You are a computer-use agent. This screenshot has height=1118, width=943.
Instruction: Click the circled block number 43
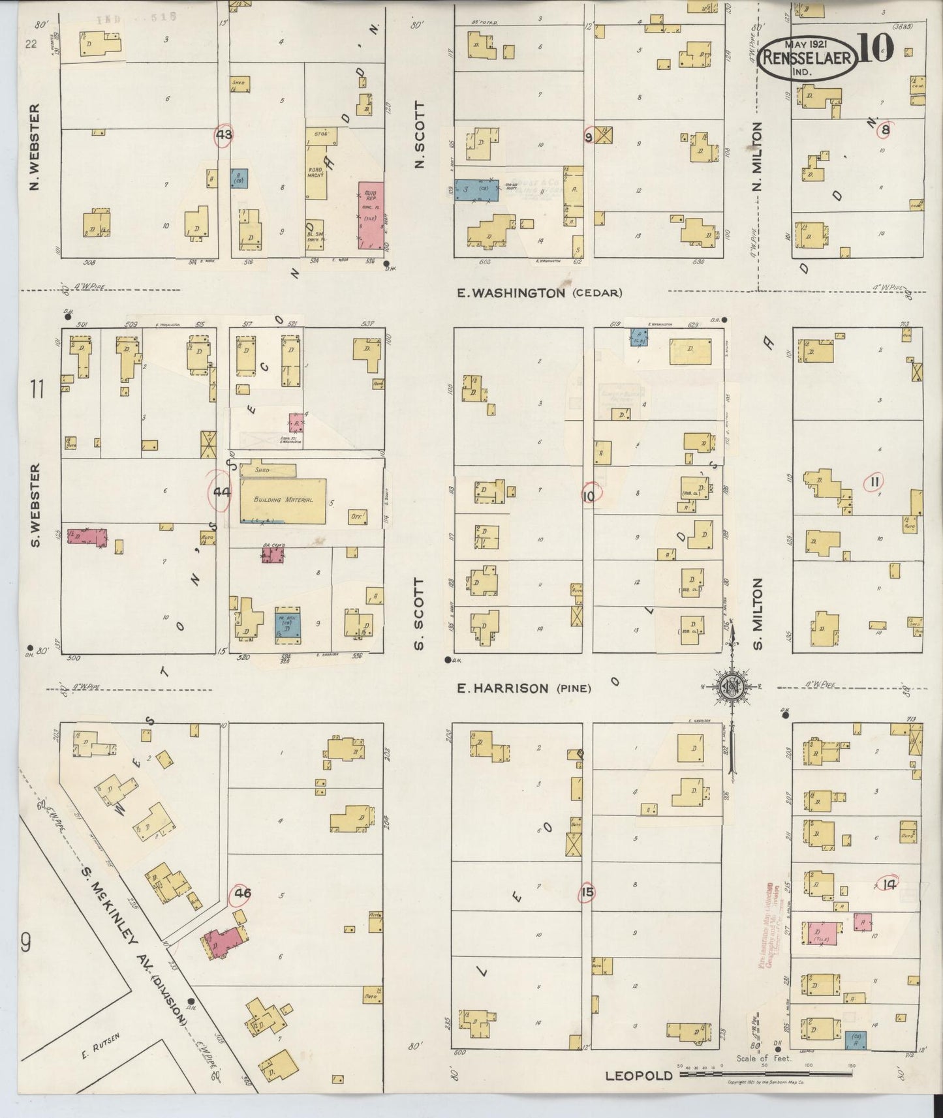coord(224,135)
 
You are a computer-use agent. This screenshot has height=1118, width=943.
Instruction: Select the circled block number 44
coord(221,493)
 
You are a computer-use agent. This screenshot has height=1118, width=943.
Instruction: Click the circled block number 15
coord(587,892)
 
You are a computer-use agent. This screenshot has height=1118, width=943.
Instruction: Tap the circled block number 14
coord(888,884)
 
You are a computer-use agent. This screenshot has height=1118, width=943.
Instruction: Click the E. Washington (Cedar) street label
coord(538,293)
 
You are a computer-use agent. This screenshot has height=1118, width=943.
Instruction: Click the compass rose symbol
coord(731,686)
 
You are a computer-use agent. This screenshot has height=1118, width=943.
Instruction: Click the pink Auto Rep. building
coord(371,215)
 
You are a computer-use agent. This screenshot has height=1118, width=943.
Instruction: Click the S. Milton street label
coord(757,613)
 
